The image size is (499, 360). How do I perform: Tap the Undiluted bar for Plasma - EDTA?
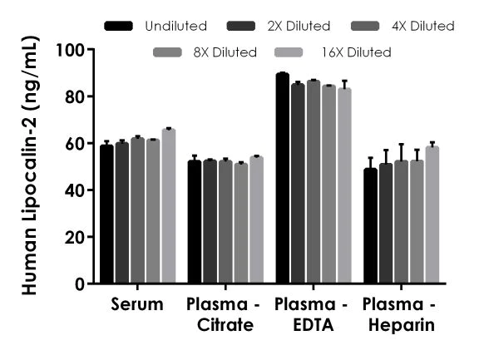click(282, 179)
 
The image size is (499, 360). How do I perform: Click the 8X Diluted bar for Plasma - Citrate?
click(241, 224)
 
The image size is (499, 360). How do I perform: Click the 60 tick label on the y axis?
click(76, 144)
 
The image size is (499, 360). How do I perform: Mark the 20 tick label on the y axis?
click(76, 238)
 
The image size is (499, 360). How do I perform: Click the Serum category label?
click(137, 304)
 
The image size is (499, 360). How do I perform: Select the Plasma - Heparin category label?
click(401, 314)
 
